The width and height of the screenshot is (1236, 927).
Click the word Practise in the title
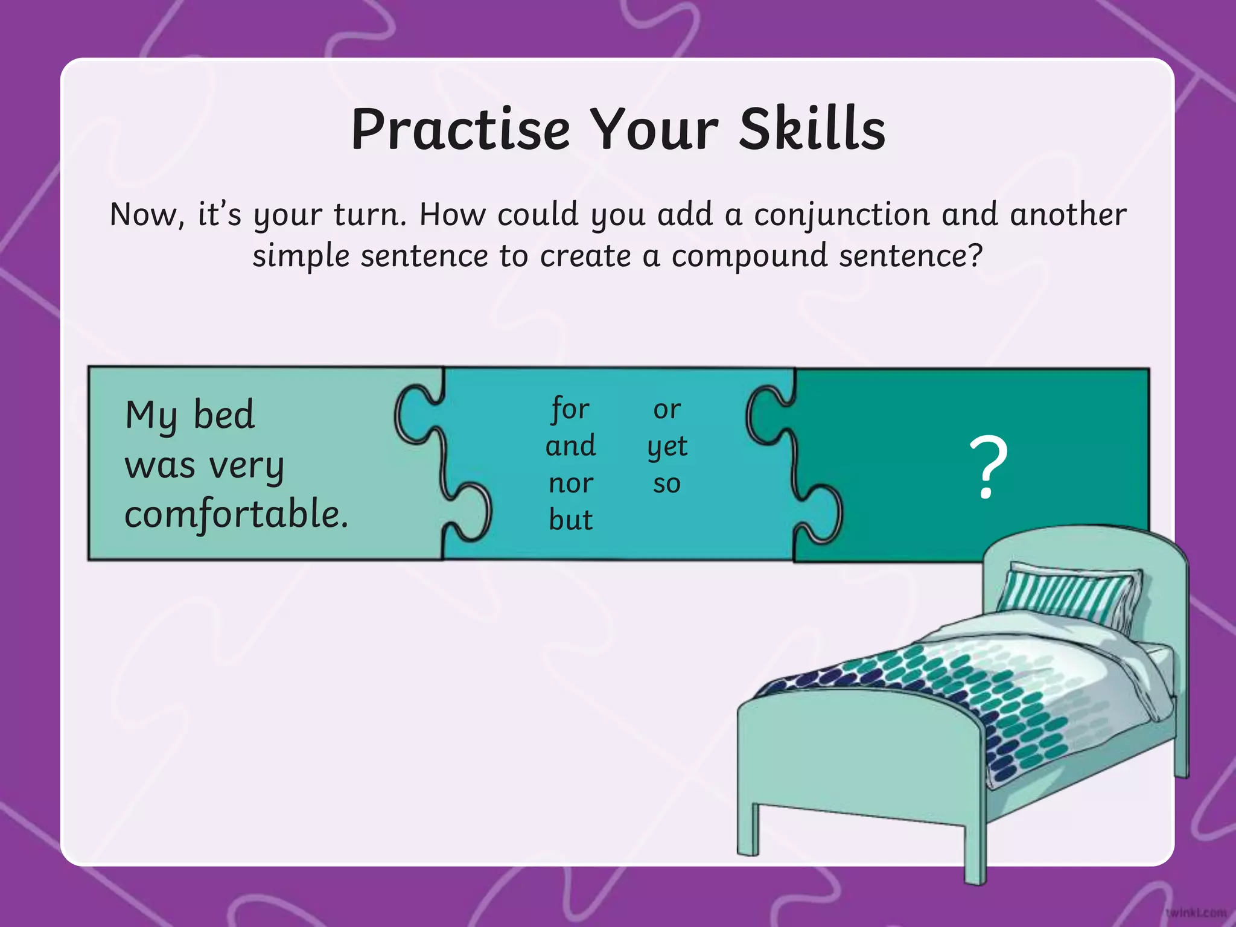point(460,130)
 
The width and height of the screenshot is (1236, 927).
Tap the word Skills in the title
point(812,130)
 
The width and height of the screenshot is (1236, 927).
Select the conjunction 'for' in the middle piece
point(570,410)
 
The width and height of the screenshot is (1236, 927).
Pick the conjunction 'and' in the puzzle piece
point(570,447)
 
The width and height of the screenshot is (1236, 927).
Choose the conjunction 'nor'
point(570,483)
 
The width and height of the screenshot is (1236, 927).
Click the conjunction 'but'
point(570,520)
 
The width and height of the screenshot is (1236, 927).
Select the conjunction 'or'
point(667,410)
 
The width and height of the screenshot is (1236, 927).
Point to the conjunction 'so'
point(667,484)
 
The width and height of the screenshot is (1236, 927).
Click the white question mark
point(988,468)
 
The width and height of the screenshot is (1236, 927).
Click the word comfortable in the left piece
point(236,515)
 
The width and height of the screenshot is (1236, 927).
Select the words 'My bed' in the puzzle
point(190,415)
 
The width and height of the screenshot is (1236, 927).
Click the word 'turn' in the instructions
point(369,215)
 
